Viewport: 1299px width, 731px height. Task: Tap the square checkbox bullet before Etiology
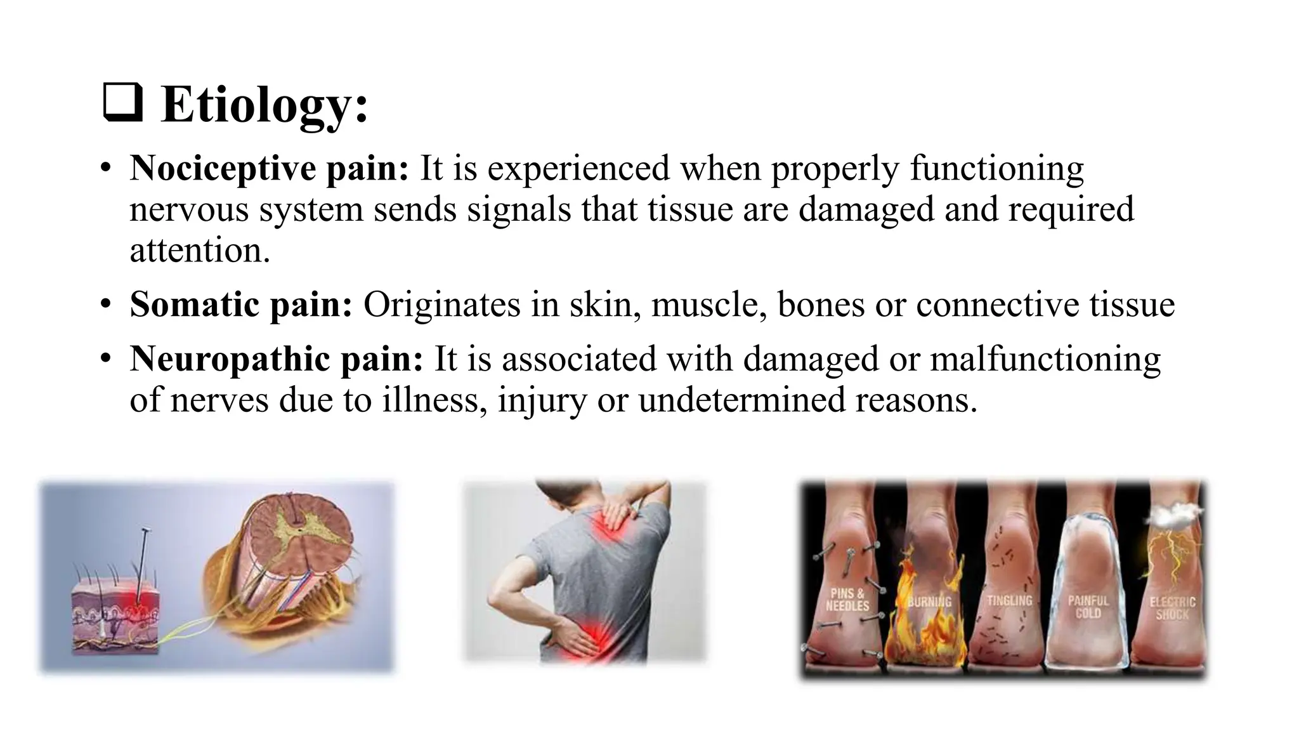122,103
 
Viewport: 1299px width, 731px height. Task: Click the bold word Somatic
193,305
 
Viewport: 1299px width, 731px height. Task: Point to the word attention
200,250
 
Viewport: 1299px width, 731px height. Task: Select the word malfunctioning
1045,359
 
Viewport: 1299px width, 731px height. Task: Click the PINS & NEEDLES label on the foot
847,600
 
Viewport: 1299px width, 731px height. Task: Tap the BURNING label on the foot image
929,601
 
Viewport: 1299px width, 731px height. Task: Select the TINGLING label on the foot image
1009,600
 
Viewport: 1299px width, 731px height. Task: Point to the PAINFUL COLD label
1088,607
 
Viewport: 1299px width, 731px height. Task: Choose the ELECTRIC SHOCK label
1172,607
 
